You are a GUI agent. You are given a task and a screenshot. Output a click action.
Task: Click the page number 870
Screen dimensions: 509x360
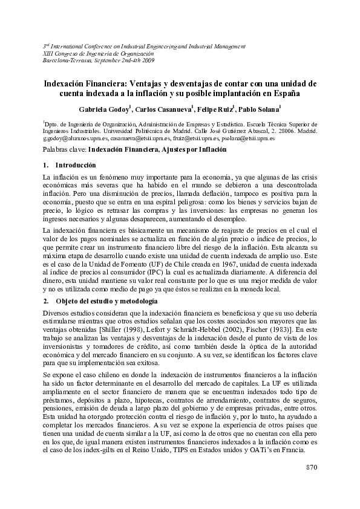click(x=311, y=468)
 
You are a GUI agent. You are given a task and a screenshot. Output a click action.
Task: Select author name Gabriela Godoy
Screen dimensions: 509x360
click(x=103, y=109)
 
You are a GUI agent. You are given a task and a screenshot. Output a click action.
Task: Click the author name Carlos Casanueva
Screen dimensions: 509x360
click(x=162, y=109)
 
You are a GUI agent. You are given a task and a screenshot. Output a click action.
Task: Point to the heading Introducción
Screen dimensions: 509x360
click(x=76, y=164)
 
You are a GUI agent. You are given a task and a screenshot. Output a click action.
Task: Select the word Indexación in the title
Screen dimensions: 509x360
click(x=68, y=84)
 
